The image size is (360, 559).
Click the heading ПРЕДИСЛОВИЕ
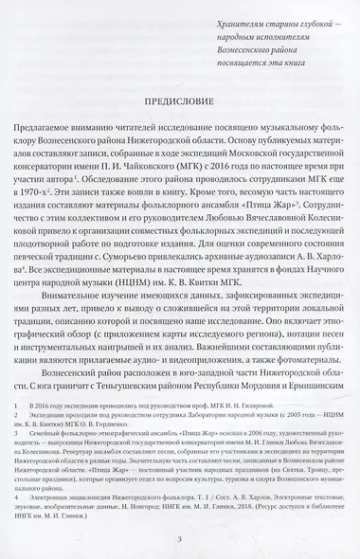(179, 100)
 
